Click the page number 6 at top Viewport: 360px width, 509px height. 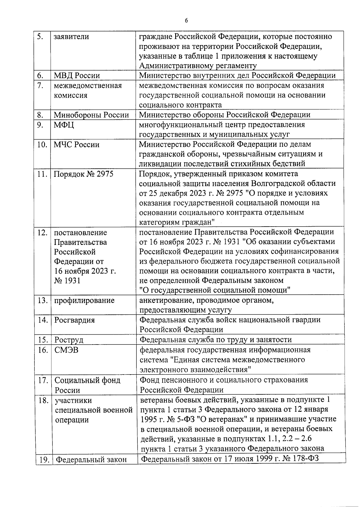pos(186,21)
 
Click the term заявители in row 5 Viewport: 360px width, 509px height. pos(71,37)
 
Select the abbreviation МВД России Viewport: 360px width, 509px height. pos(77,76)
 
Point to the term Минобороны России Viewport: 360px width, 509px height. pos(91,115)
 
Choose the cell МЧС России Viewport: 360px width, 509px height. pos(76,145)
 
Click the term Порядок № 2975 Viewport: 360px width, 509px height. pos(83,174)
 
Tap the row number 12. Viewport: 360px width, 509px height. pos(42,233)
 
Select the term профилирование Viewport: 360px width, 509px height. pos(84,300)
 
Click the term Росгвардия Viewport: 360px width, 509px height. pos(74,320)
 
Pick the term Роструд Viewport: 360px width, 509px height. pos(69,340)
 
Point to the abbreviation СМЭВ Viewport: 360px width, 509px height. pos(66,350)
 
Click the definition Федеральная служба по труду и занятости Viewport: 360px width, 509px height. pos(216,340)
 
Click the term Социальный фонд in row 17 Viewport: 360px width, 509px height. pos(87,380)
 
